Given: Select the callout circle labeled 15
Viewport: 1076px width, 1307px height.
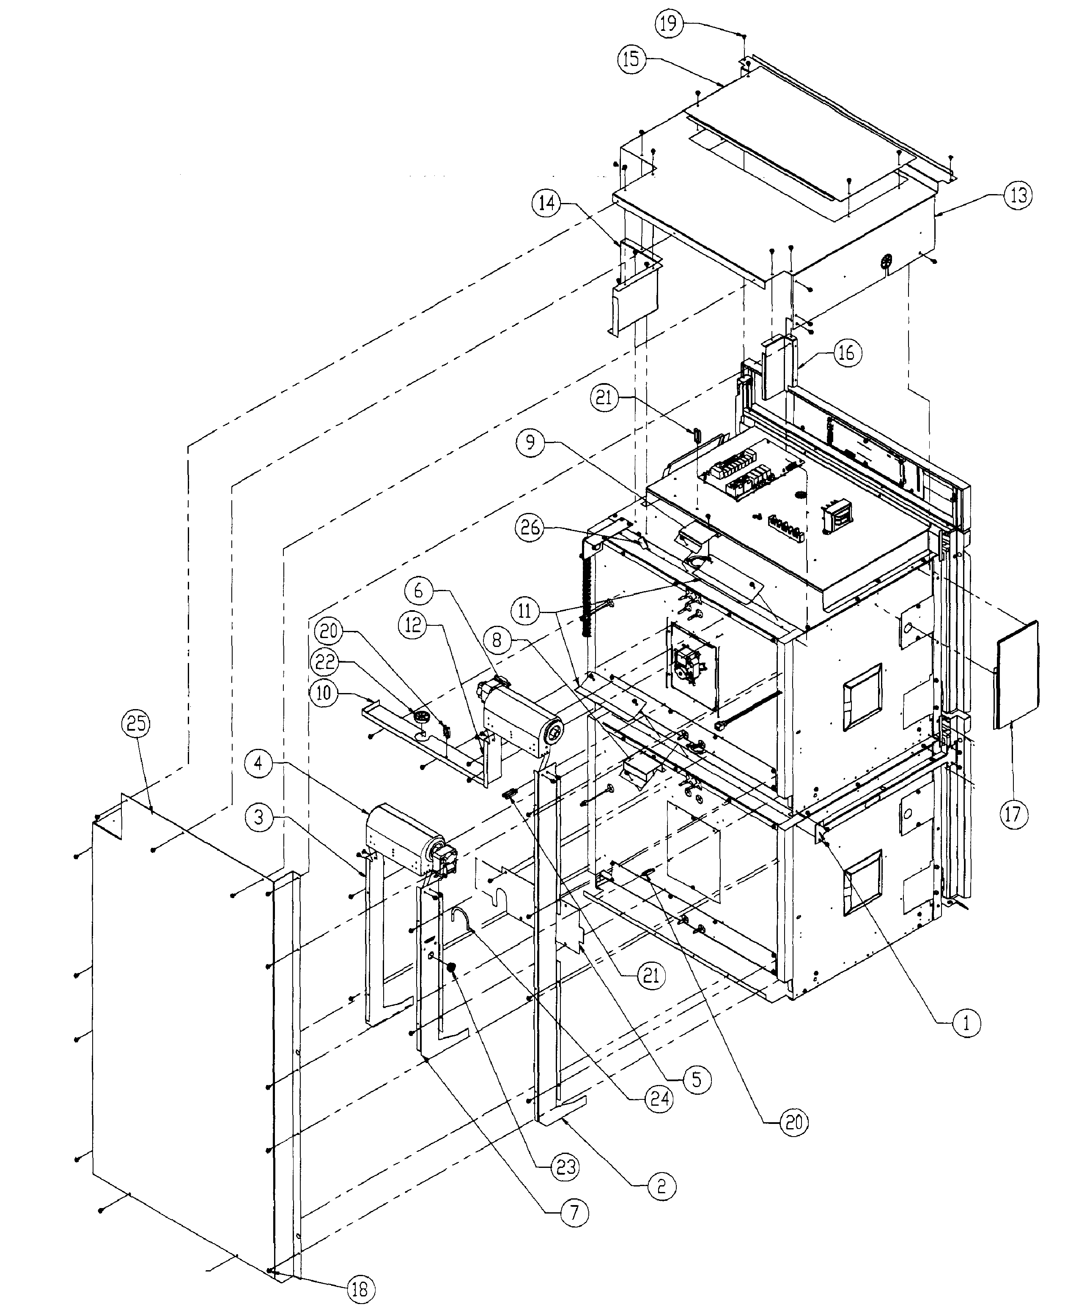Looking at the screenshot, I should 631,60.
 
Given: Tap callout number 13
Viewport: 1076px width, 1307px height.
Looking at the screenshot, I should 1018,196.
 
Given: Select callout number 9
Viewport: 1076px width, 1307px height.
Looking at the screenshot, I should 531,442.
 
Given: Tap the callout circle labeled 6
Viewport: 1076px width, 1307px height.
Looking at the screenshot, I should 418,591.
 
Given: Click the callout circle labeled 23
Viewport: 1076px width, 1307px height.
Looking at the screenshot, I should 564,1167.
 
